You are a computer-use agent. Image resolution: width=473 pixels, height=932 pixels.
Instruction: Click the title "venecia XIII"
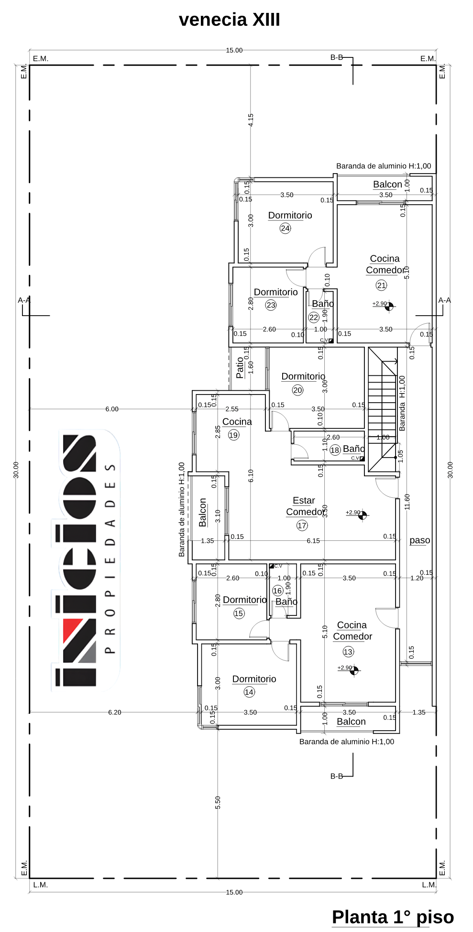click(229, 20)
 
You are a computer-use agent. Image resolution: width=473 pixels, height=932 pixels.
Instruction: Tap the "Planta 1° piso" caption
click(393, 917)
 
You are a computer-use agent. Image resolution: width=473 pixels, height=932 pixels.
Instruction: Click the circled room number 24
click(286, 228)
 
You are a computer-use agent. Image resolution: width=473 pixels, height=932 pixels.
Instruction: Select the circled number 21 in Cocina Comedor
click(381, 285)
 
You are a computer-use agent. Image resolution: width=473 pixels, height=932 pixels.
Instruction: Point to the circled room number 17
click(302, 526)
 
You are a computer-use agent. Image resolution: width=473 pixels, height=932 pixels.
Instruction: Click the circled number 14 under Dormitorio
click(249, 692)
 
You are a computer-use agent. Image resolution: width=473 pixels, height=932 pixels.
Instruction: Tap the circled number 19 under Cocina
click(233, 435)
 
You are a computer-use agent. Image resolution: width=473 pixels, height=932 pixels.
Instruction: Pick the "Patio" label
click(240, 368)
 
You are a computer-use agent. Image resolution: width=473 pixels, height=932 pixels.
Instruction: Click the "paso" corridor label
click(420, 540)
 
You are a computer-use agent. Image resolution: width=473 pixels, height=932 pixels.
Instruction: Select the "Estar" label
click(304, 500)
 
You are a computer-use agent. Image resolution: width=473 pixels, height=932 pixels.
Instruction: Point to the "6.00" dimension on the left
click(112, 409)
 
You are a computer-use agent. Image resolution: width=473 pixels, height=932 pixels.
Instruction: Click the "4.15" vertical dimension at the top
click(251, 120)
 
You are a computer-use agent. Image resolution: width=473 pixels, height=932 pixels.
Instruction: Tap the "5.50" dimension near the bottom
click(218, 802)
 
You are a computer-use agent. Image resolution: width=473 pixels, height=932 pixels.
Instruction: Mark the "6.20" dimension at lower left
click(115, 712)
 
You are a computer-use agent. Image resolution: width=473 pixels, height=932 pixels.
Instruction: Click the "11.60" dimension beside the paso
click(407, 502)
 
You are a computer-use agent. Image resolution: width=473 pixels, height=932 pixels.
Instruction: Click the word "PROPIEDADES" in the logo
click(110, 559)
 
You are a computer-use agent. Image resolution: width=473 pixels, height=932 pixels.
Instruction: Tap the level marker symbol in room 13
click(354, 671)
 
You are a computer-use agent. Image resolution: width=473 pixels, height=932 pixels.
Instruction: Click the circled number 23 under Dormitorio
click(271, 305)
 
